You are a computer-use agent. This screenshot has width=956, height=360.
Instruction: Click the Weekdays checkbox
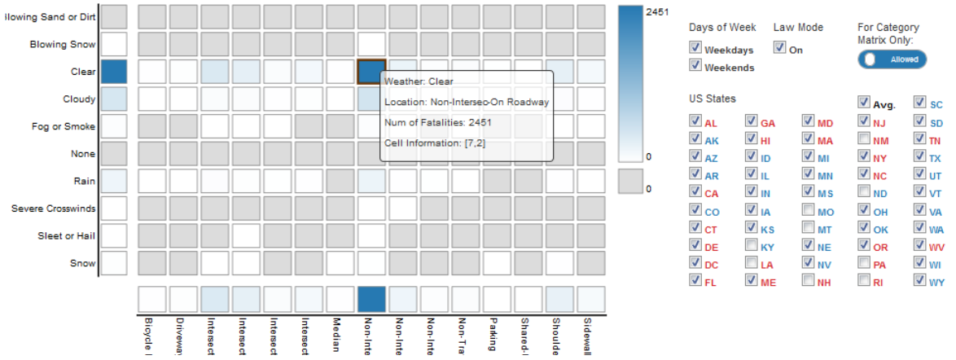coord(695,50)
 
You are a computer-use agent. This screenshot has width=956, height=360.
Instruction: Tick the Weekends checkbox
coord(695,65)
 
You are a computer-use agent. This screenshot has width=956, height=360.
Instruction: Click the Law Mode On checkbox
coord(780,49)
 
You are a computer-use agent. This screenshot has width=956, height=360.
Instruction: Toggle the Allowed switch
coord(892,59)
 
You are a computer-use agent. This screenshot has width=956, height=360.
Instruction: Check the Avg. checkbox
coord(864,103)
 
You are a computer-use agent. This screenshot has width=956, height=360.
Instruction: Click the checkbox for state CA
coord(695,192)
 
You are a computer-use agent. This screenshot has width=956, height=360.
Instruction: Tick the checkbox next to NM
coord(864,139)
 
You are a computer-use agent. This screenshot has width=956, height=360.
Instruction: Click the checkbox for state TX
coord(919,156)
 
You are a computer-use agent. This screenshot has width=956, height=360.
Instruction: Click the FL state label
coord(711,281)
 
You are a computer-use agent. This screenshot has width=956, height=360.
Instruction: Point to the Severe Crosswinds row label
coord(53,209)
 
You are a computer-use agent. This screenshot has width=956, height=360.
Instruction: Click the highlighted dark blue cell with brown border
coord(371,72)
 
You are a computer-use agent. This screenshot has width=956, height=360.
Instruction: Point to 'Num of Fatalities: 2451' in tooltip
coord(437,122)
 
